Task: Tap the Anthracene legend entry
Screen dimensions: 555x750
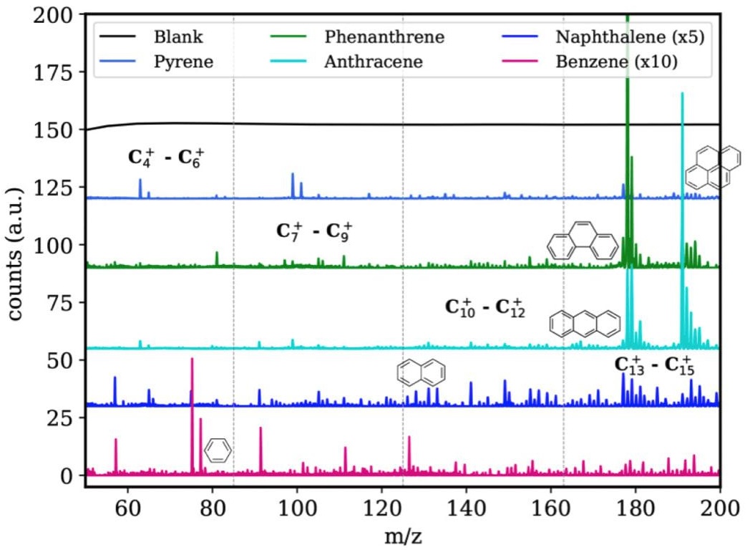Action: pos(373,61)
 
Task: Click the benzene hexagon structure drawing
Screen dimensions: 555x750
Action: pos(218,450)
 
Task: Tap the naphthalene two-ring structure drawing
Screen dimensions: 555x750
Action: pos(422,371)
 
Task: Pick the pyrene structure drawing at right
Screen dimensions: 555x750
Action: pos(707,167)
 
